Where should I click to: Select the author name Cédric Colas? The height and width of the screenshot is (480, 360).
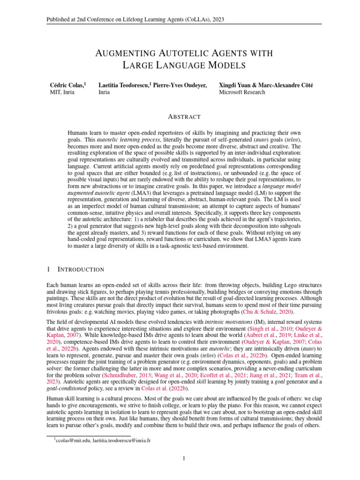point(67,85)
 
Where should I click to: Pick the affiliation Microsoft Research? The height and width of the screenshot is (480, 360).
point(242,92)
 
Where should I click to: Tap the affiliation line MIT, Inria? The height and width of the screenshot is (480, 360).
point(62,92)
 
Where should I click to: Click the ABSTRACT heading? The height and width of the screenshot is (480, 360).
point(180,117)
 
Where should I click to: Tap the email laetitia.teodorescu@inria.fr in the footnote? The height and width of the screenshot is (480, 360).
point(123,440)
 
